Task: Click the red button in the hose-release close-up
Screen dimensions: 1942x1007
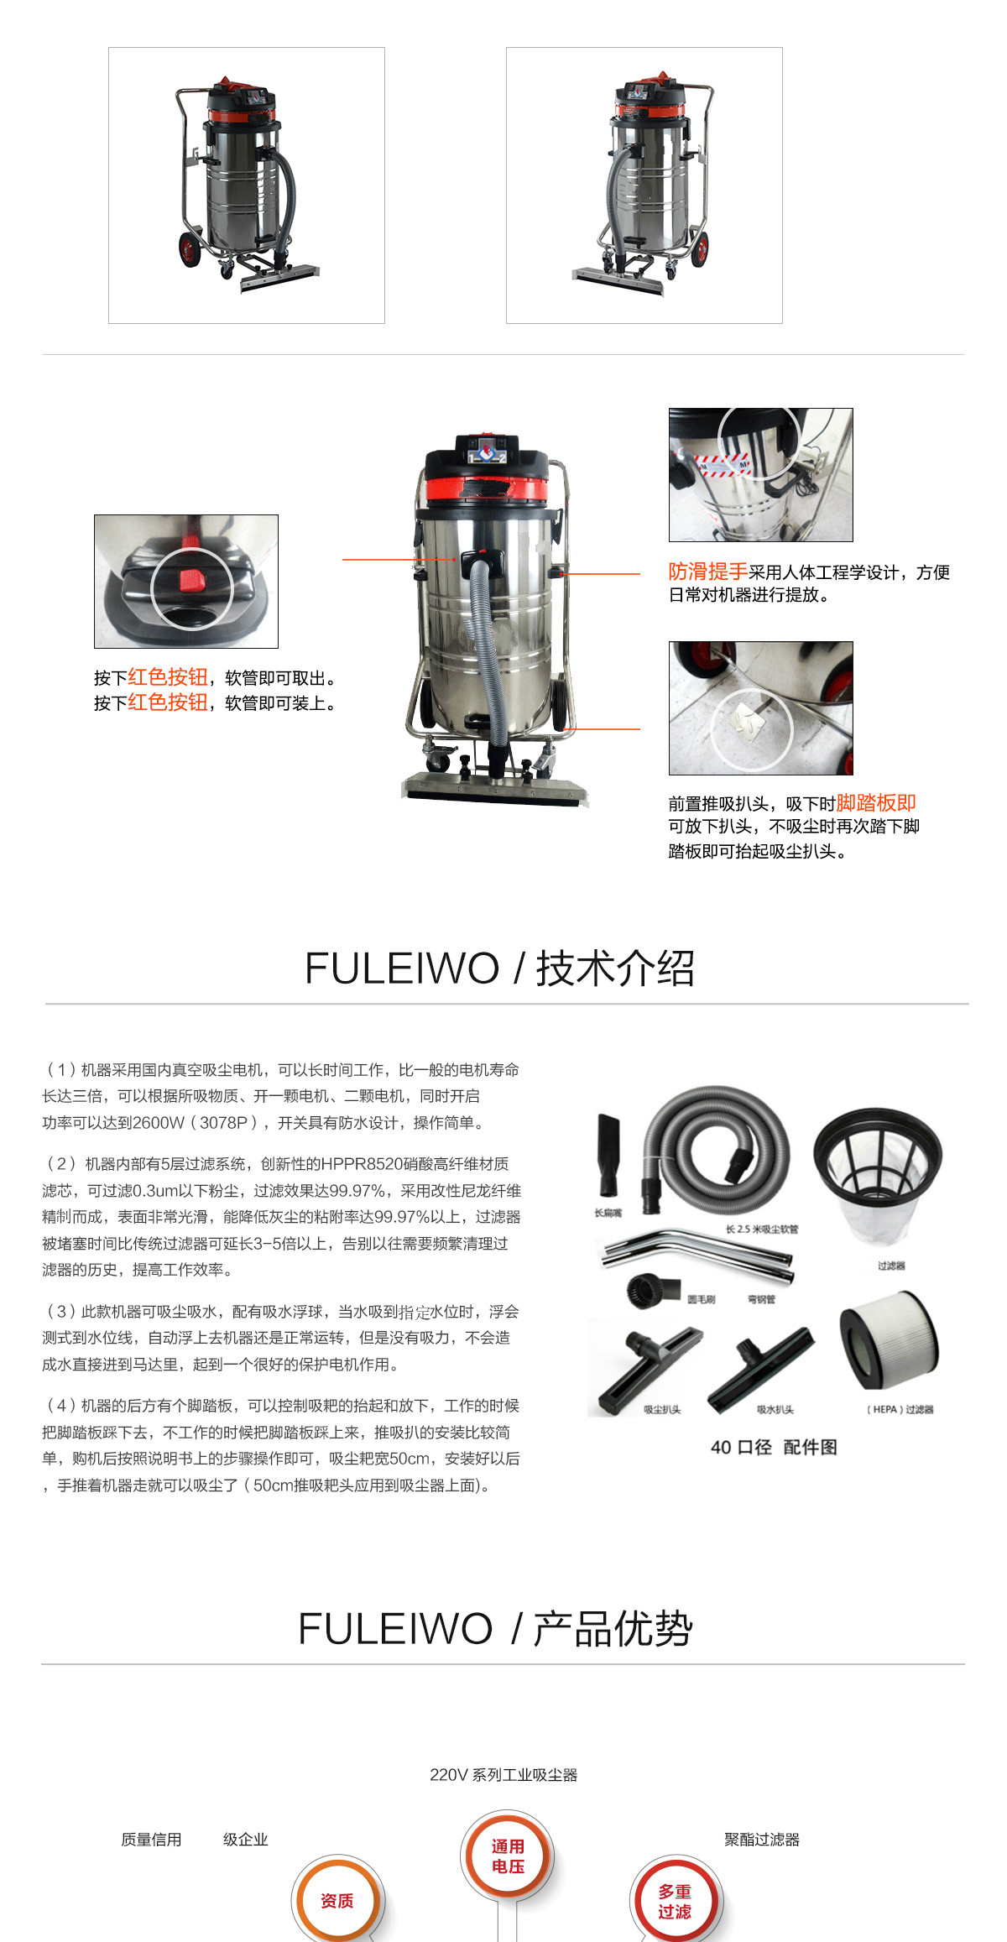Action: [192, 580]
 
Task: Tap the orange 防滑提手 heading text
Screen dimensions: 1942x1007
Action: [707, 572]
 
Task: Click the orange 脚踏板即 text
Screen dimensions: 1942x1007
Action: [875, 803]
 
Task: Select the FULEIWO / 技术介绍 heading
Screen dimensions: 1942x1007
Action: [499, 968]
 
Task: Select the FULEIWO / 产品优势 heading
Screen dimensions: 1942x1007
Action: [495, 1629]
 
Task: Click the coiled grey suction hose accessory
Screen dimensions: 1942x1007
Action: [717, 1145]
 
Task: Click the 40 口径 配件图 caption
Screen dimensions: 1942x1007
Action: [773, 1448]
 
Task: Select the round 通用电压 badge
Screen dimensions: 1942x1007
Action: [508, 1857]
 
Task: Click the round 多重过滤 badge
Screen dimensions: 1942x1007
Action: [675, 1902]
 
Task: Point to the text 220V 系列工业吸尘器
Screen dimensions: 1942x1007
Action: [503, 1775]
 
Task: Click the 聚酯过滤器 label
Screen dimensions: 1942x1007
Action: [762, 1840]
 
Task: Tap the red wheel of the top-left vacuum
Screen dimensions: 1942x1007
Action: [190, 249]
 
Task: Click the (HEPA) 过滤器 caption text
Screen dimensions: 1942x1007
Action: [900, 1410]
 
